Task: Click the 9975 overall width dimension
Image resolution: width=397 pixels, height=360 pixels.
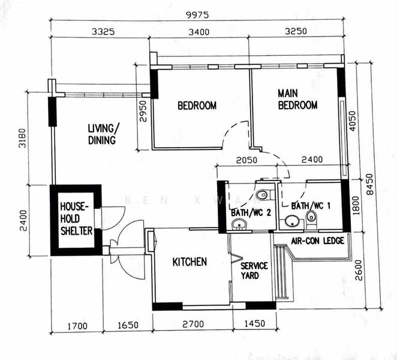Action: [197, 15]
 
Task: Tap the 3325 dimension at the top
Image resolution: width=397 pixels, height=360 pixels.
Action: [103, 32]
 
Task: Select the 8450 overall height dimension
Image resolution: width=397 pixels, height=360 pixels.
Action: [369, 184]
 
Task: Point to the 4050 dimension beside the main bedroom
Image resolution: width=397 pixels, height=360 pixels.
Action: [352, 121]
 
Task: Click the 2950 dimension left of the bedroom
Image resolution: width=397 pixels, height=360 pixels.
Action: [143, 111]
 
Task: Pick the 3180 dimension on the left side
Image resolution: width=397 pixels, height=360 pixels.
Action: [22, 138]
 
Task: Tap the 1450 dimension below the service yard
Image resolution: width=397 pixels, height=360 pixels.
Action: [254, 323]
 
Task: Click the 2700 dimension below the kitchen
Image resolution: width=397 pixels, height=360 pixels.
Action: [193, 324]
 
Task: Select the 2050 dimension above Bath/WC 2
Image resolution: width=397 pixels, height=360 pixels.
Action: [246, 160]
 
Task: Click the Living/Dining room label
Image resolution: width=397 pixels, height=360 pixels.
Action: [103, 134]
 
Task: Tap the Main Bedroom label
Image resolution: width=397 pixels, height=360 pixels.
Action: [297, 100]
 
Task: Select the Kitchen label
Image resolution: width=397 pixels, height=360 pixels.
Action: [190, 262]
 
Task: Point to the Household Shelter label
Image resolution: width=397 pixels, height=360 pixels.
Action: [76, 218]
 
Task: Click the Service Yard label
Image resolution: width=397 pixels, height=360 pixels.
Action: [254, 271]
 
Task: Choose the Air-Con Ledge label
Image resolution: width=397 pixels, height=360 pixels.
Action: [317, 241]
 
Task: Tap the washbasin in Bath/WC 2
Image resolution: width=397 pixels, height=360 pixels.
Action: [239, 224]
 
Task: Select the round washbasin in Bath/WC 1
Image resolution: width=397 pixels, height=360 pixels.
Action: [293, 221]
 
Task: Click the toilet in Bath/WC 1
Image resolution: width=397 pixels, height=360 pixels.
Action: [311, 218]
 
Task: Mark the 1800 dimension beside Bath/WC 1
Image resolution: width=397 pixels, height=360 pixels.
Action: [356, 205]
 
